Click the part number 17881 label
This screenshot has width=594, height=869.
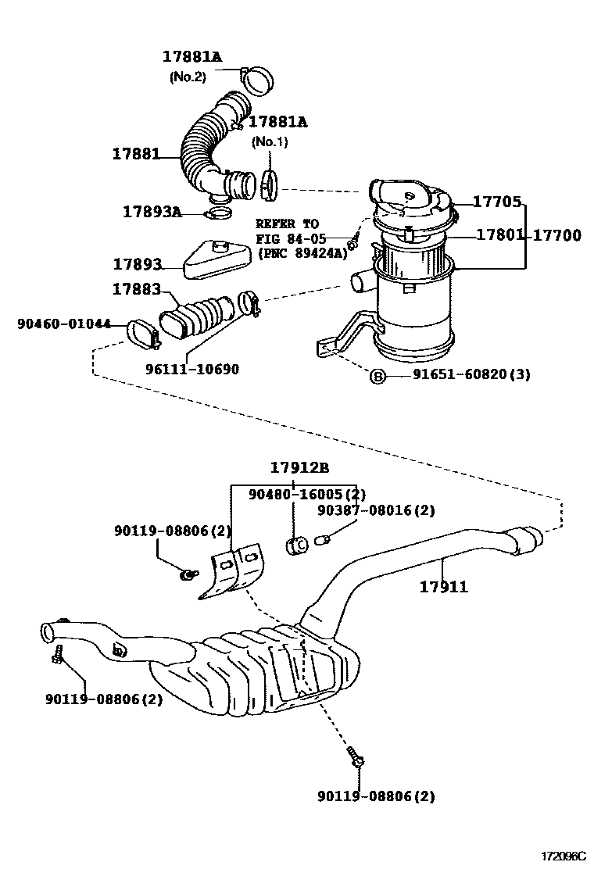click(134, 155)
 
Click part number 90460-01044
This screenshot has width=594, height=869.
click(64, 323)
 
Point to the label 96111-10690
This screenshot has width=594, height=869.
click(192, 370)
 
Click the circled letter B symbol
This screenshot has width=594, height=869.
click(378, 376)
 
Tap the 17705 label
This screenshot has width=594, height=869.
click(498, 202)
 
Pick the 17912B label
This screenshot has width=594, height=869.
click(300, 468)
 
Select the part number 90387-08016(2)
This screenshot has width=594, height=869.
click(375, 511)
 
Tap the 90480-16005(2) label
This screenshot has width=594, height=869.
click(307, 494)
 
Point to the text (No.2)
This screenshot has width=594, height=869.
click(188, 77)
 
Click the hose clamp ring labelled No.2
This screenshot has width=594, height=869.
click(258, 77)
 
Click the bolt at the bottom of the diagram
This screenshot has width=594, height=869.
click(356, 756)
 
